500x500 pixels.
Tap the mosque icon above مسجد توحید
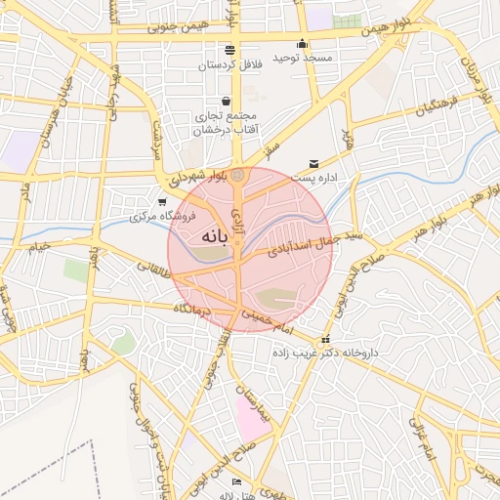pyautogui.click(x=303, y=43)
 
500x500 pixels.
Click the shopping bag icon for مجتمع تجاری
pyautogui.click(x=227, y=100)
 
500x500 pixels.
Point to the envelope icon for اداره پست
pyautogui.click(x=313, y=163)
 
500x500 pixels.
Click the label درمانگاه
pyautogui.click(x=193, y=309)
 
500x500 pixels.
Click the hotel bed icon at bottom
pyautogui.click(x=235, y=482)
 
